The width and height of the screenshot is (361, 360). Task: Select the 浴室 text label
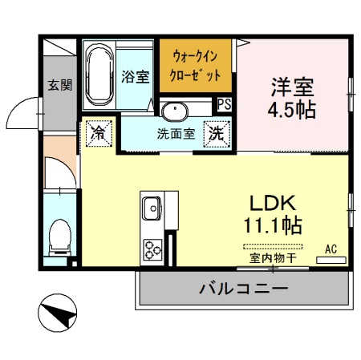point(135,77)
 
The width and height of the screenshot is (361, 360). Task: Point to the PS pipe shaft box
point(225,103)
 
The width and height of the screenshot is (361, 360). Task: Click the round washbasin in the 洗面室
point(173,111)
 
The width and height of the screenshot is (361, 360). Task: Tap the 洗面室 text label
point(176,133)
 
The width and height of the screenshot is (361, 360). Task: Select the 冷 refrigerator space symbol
point(98,131)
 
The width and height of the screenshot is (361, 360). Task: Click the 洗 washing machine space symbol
point(217,133)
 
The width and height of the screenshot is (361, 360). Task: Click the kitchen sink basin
point(152,210)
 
